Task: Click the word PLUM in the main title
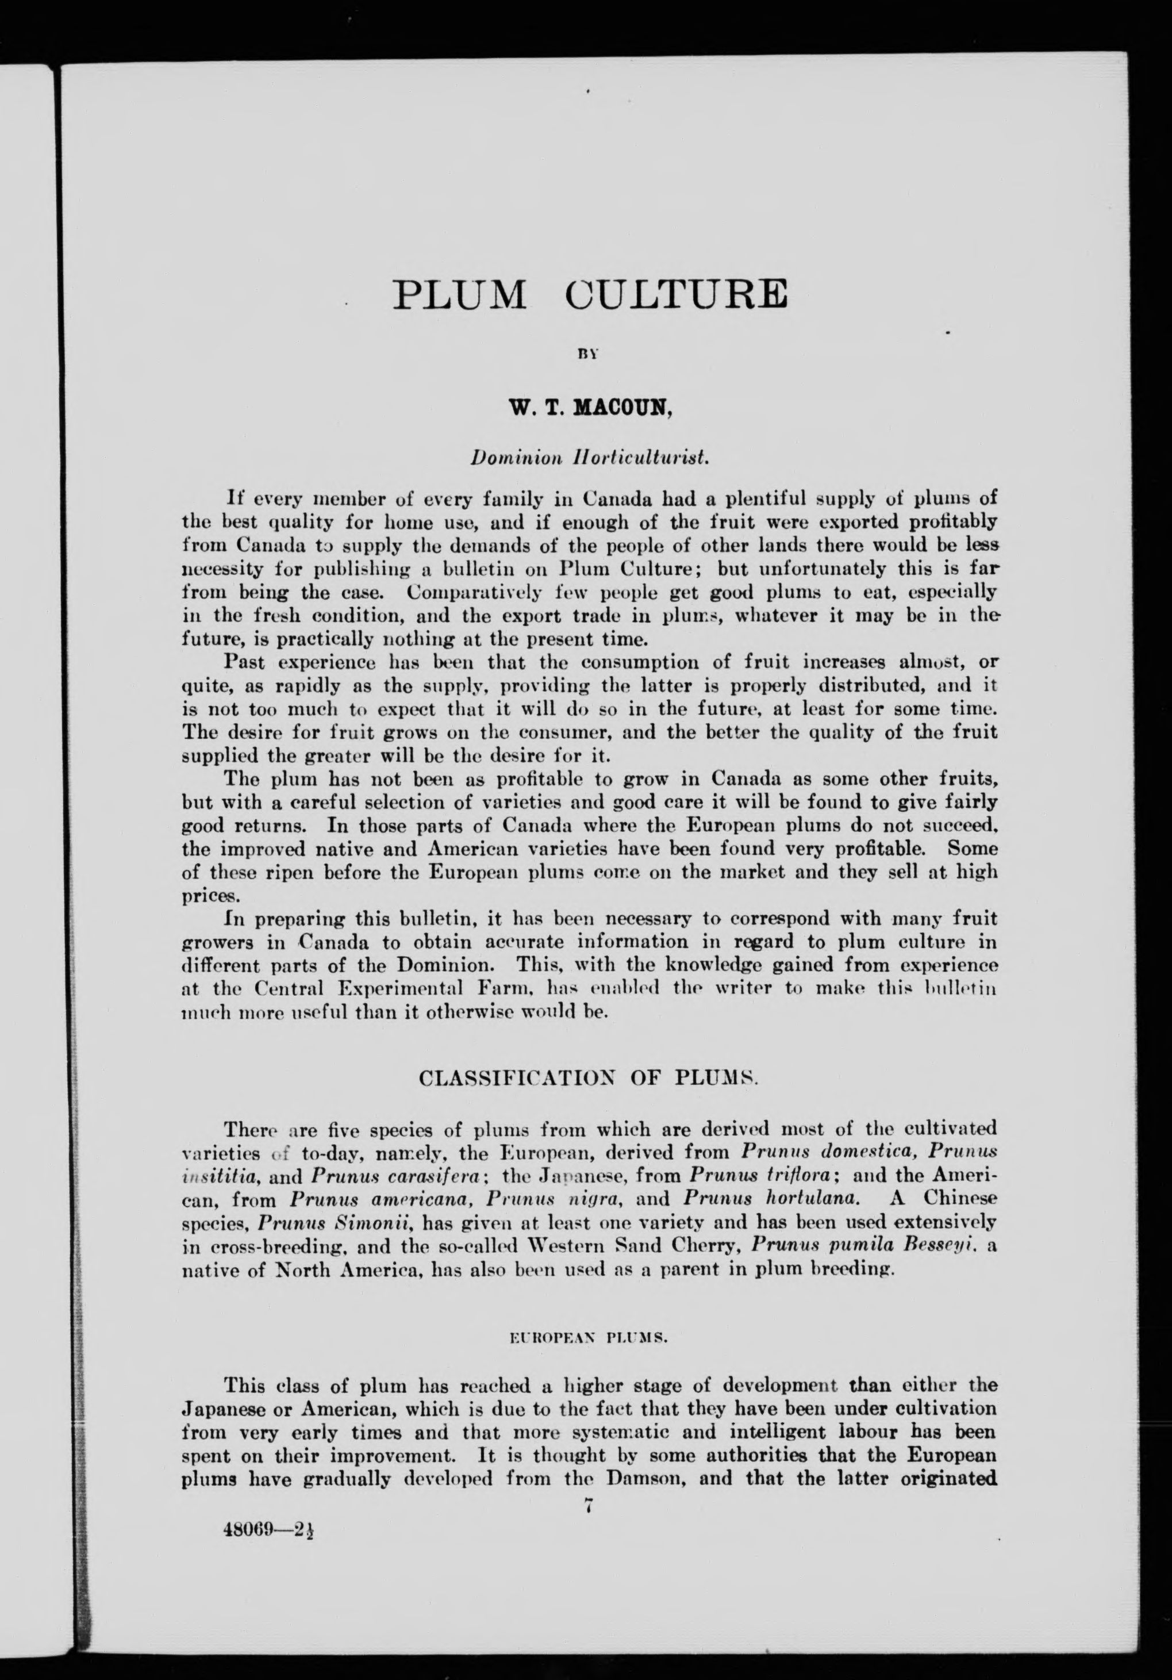[459, 294]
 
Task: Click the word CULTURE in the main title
[677, 294]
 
